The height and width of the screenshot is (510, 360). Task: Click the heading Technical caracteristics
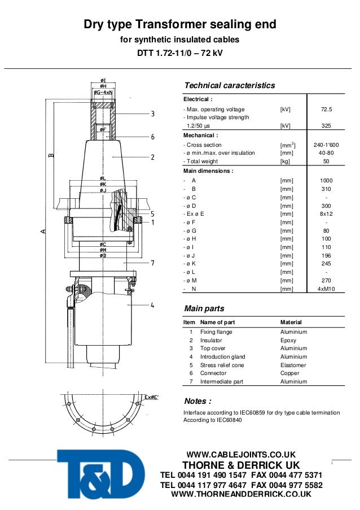(x=230, y=85)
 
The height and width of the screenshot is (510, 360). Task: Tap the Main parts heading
(x=204, y=308)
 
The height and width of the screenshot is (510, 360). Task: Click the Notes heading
(x=198, y=401)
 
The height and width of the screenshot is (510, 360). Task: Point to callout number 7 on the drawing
(x=152, y=263)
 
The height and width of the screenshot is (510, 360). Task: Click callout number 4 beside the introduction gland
(x=152, y=306)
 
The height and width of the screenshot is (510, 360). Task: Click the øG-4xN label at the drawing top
(x=103, y=91)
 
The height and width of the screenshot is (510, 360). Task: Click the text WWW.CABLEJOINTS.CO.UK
(x=241, y=455)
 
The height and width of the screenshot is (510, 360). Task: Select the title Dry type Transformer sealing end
(x=180, y=25)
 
